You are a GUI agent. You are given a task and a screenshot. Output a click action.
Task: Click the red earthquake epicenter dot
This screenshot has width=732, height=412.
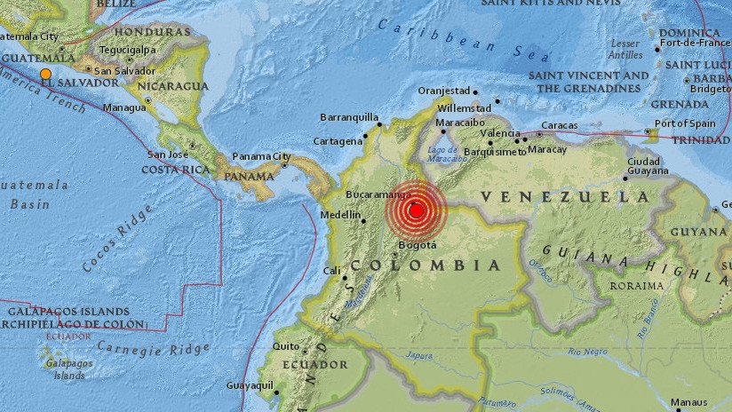point(415,210)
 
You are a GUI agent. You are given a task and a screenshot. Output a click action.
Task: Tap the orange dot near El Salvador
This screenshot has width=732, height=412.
point(45,74)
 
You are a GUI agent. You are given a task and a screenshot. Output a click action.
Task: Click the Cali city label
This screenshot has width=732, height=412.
point(331,271)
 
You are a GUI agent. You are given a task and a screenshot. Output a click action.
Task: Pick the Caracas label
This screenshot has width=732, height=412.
point(560,125)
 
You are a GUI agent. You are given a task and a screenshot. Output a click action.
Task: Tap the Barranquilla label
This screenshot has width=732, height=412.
point(348,116)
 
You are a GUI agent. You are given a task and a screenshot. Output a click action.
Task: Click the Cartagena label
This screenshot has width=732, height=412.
point(338,141)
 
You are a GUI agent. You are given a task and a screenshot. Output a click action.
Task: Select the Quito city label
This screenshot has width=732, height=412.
point(286,346)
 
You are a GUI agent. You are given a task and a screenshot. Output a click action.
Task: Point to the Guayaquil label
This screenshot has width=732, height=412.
point(248,385)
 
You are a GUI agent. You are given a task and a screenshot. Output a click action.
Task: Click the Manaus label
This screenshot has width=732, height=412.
point(690,402)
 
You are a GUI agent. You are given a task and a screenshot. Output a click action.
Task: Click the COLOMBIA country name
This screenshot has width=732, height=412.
point(426,265)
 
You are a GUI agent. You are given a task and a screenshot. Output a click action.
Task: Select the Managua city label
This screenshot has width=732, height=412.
point(124,107)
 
